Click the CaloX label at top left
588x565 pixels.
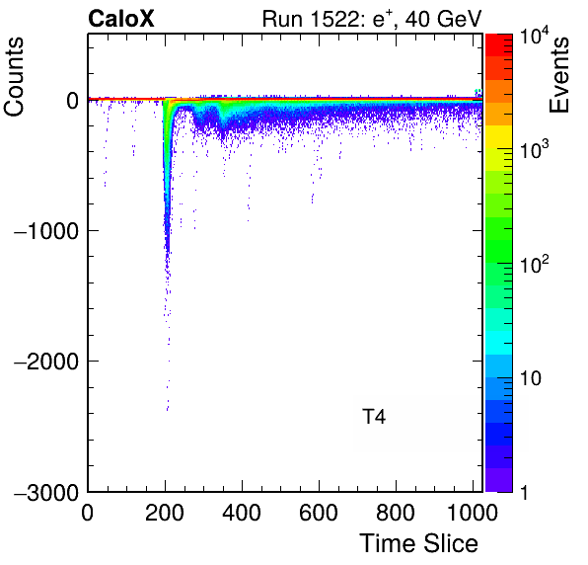tap(121, 19)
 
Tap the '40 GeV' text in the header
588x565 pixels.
tap(443, 19)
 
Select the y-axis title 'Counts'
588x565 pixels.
tap(14, 77)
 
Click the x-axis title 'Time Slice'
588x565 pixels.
tap(418, 543)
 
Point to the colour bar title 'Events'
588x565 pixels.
tap(558, 74)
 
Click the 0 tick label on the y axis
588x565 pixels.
tap(73, 101)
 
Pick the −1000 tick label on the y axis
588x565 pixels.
tap(46, 231)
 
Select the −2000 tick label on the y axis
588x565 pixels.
tap(46, 362)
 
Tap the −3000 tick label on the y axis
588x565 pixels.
tap(46, 492)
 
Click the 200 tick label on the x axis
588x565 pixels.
tap(164, 512)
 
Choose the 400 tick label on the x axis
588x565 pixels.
tap(242, 512)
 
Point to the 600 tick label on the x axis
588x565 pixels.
tap(319, 512)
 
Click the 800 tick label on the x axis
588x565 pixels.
tap(396, 512)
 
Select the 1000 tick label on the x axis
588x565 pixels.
tap(473, 512)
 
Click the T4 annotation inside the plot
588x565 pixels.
tap(374, 417)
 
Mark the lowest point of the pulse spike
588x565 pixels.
tap(168, 410)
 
